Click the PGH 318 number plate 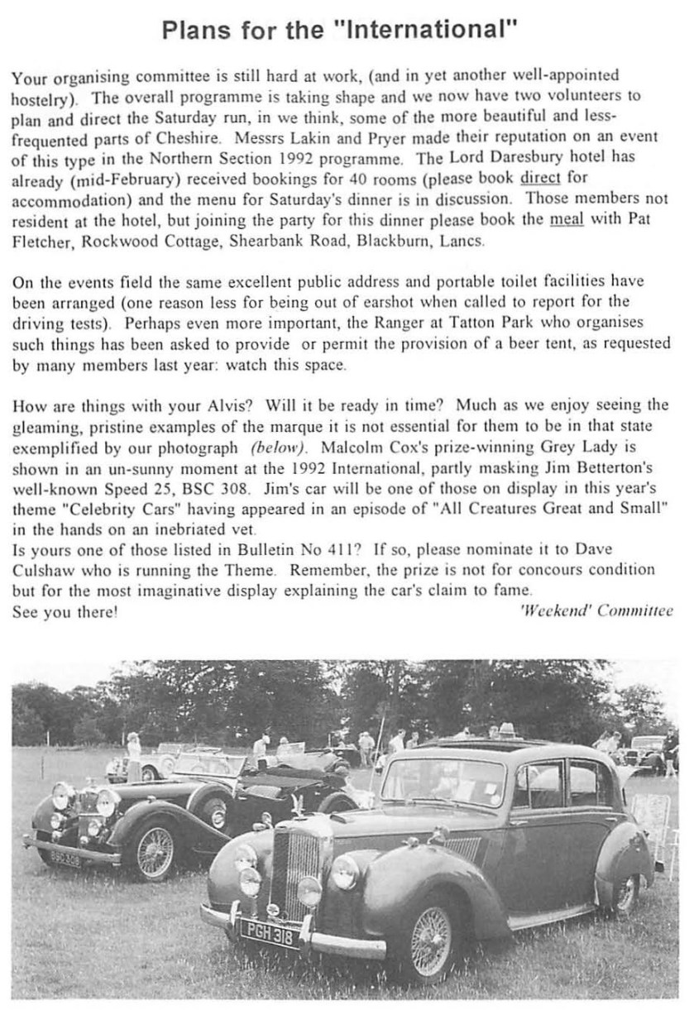coord(271,934)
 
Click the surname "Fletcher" coord(41,242)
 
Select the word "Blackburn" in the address coord(400,242)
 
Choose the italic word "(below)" coord(279,448)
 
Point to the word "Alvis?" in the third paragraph coord(223,405)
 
